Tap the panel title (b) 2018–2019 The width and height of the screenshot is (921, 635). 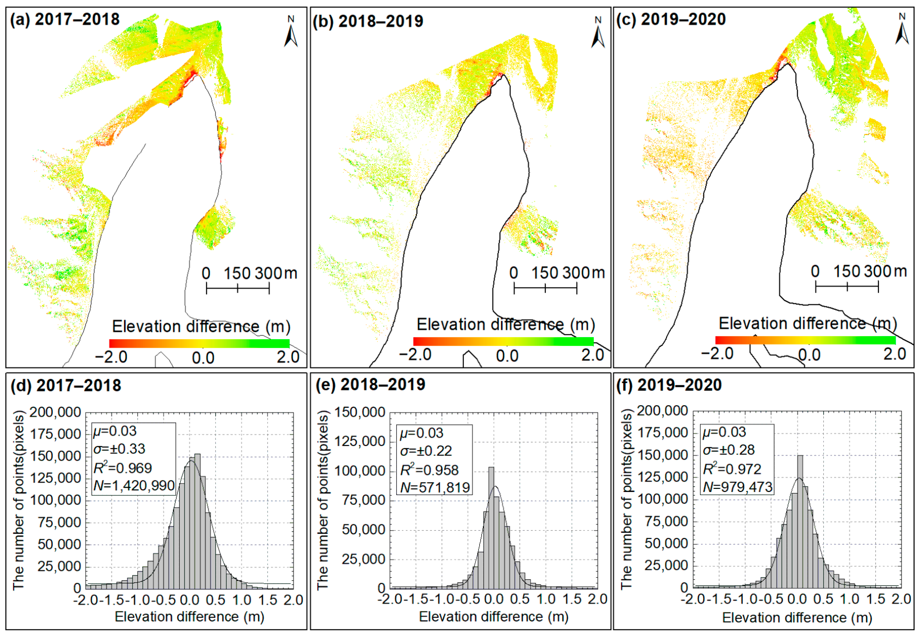tap(368, 21)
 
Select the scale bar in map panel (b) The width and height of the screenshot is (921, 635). tap(545, 287)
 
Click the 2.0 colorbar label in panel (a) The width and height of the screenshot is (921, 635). tap(288, 357)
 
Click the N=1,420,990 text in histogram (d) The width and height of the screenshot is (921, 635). tap(134, 486)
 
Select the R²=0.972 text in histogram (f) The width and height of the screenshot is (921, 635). tap(732, 469)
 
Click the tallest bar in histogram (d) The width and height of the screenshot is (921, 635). tap(197, 521)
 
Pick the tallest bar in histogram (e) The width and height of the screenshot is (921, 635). tap(491, 527)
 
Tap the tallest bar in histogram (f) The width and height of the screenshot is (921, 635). tap(800, 521)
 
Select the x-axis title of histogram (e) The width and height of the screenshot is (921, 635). tap(493, 617)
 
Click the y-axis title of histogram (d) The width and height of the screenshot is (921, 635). tap(19, 500)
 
